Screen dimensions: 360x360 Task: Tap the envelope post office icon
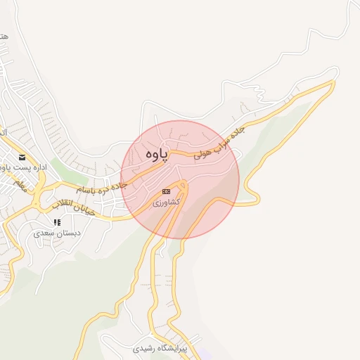(22, 157)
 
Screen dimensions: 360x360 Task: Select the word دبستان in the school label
(68, 232)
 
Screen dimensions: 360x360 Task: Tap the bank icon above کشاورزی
(166, 191)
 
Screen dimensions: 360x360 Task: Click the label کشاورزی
(167, 202)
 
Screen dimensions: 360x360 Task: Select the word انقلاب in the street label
(61, 205)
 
